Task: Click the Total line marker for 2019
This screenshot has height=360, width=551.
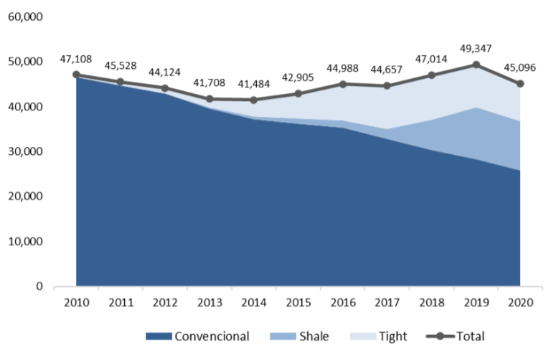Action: pos(476,65)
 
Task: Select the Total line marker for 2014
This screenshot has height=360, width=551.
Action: pos(254,100)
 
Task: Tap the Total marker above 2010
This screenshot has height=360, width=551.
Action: pos(76,75)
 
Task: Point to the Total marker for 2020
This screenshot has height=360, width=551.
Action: pos(520,84)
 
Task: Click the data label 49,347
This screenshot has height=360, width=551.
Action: pos(476,50)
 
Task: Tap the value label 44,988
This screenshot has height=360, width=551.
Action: pos(343,69)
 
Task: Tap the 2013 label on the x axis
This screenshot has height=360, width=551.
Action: pos(209,302)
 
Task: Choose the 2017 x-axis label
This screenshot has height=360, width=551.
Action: pos(387,302)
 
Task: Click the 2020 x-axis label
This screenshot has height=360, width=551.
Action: pos(520,302)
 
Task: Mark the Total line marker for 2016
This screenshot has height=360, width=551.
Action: pos(343,84)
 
